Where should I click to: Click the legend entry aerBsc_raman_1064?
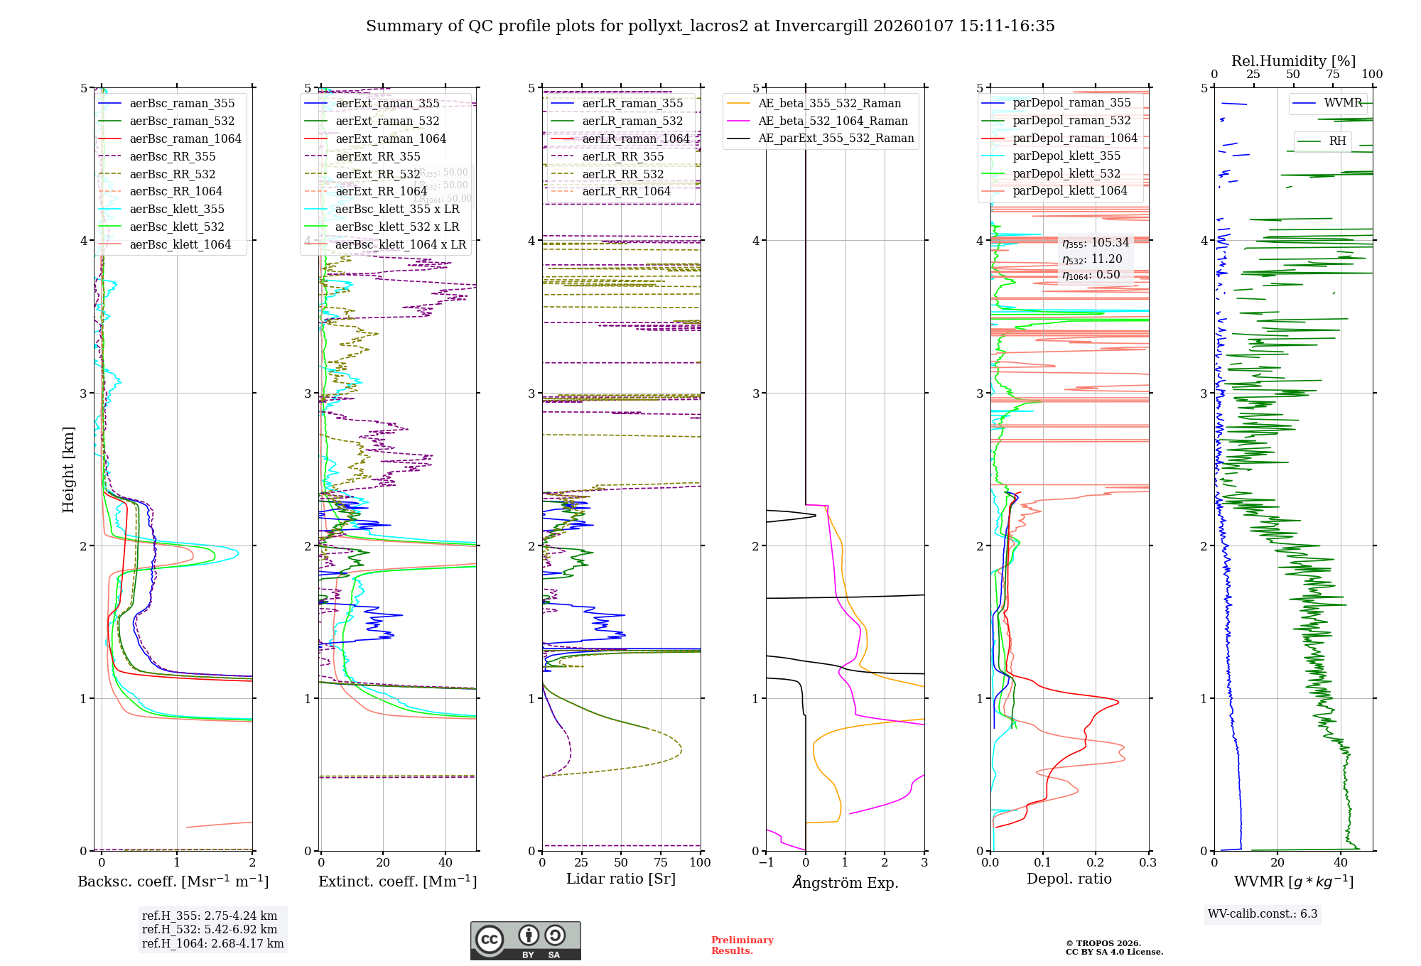click(x=185, y=139)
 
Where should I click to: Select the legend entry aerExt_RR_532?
click(x=377, y=174)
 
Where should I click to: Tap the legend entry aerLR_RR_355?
click(x=622, y=157)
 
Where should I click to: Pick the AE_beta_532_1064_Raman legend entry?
click(x=833, y=121)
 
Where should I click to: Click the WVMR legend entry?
click(x=1342, y=104)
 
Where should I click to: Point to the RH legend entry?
click(x=1337, y=141)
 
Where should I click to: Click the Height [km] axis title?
click(x=68, y=470)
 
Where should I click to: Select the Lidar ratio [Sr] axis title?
click(x=620, y=879)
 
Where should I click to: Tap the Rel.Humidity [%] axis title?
click(x=1293, y=61)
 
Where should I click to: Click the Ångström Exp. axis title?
click(x=845, y=883)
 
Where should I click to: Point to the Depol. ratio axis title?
click(x=1069, y=879)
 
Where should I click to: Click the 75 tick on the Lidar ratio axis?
click(x=661, y=863)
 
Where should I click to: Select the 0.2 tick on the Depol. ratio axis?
click(x=1096, y=863)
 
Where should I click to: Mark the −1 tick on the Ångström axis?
click(x=766, y=863)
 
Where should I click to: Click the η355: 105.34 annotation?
click(x=1095, y=243)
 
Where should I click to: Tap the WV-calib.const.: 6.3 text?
click(x=1262, y=914)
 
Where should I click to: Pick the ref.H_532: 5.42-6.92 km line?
click(x=209, y=930)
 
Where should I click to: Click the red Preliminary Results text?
click(x=742, y=945)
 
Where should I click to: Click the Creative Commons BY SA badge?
click(x=525, y=941)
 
